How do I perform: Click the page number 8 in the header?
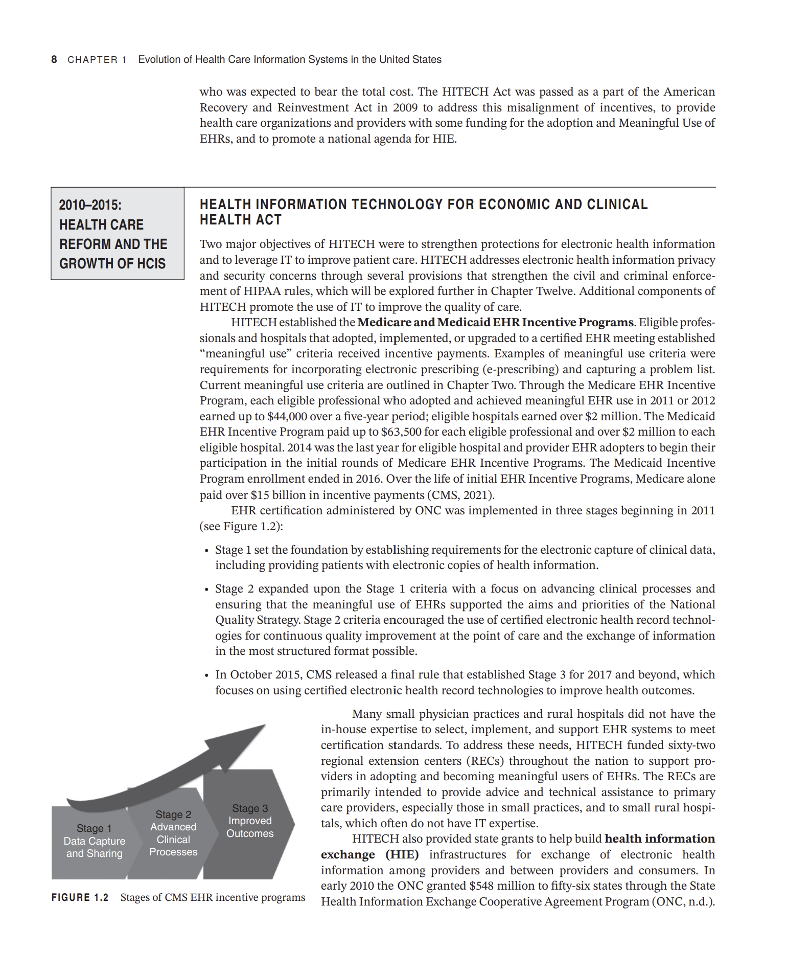pyautogui.click(x=54, y=59)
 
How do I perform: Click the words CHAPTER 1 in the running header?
pyautogui.click(x=97, y=60)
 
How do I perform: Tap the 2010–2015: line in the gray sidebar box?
pyautogui.click(x=90, y=205)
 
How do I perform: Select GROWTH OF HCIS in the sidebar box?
pyautogui.click(x=112, y=264)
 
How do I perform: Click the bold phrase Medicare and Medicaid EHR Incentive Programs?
pyautogui.click(x=495, y=322)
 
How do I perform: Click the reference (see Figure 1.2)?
pyautogui.click(x=241, y=526)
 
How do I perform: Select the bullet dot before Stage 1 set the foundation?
pyautogui.click(x=206, y=551)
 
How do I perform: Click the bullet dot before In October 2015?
pyautogui.click(x=206, y=676)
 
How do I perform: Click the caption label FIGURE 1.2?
pyautogui.click(x=80, y=897)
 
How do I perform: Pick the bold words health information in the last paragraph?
pyautogui.click(x=659, y=839)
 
